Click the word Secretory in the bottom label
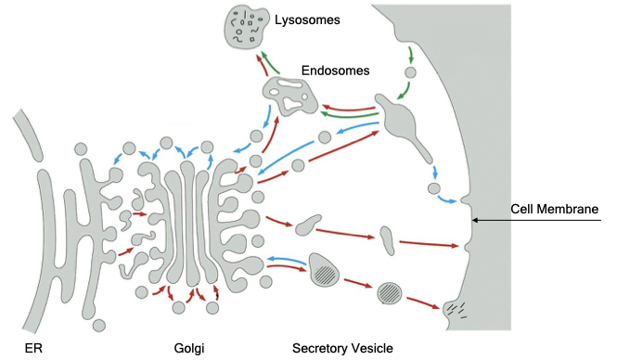pyautogui.click(x=320, y=348)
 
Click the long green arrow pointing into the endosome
pyautogui.click(x=346, y=116)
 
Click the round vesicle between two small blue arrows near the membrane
pyautogui.click(x=434, y=189)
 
